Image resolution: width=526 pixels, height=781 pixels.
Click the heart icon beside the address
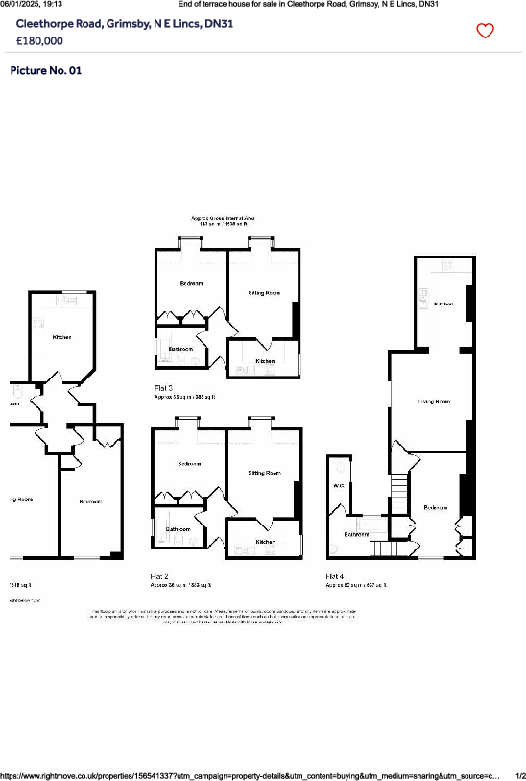[x=485, y=31]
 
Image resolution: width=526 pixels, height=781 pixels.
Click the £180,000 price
[x=40, y=41]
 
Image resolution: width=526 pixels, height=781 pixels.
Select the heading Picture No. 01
[x=46, y=71]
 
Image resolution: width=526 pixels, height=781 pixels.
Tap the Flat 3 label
[x=164, y=387]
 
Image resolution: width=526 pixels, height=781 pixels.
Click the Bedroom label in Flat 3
[x=191, y=284]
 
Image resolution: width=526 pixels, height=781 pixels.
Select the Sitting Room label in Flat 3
[x=264, y=292]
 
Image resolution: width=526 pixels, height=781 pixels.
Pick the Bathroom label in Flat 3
[x=181, y=348]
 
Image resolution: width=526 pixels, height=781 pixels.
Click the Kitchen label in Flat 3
[x=264, y=360]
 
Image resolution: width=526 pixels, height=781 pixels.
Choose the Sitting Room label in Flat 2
[x=264, y=473]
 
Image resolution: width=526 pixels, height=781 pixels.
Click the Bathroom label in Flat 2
[x=179, y=529]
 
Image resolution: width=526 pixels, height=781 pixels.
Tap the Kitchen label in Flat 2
[x=264, y=542]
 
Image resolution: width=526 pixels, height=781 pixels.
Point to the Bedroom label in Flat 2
[x=189, y=464]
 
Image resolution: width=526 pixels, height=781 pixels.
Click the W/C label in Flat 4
[x=338, y=486]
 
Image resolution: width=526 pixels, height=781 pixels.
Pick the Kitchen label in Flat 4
[x=442, y=304]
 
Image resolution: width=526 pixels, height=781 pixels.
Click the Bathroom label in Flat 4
[x=357, y=534]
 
